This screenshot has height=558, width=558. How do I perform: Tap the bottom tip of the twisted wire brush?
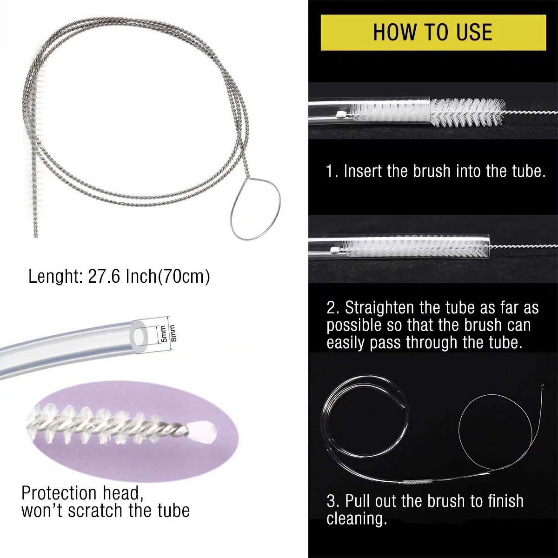coord(36,236)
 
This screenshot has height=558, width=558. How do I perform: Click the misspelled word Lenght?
coord(56,277)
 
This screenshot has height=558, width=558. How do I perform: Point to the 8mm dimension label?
coord(173,333)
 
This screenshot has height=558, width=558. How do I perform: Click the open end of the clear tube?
coord(140,337)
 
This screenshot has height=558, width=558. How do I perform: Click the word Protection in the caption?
coord(59,492)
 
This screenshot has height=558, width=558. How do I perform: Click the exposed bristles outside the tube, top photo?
coord(467,113)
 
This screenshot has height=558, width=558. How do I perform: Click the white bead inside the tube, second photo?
coord(335,249)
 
